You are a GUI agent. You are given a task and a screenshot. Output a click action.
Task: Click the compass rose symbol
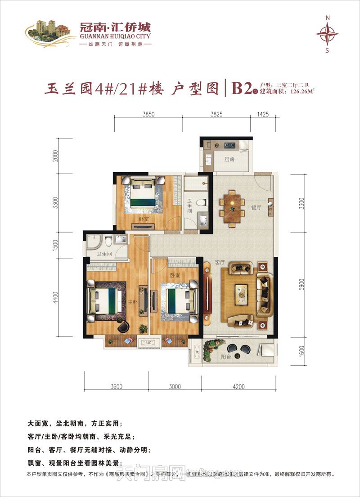[x=327, y=34]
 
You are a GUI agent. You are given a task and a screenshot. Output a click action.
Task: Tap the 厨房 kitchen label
[x=219, y=159]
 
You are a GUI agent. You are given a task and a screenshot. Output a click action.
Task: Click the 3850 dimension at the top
[x=148, y=115]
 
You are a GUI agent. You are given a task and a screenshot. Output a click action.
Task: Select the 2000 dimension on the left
[x=55, y=156]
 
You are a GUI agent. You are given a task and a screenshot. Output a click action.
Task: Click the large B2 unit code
[x=241, y=89]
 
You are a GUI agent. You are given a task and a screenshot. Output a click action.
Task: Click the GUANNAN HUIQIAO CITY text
[x=114, y=36]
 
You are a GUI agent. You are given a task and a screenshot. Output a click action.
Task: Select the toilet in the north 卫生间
[x=202, y=202]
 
